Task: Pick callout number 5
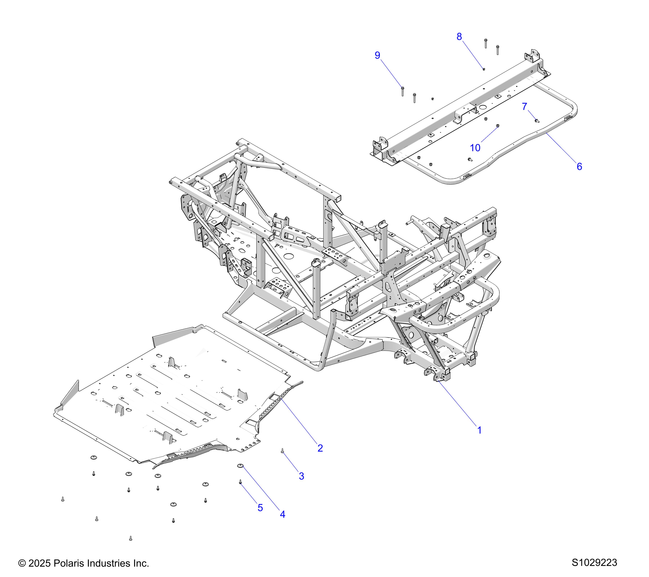260,508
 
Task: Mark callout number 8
459,37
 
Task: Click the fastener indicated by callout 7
537,120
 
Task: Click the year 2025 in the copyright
39,563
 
